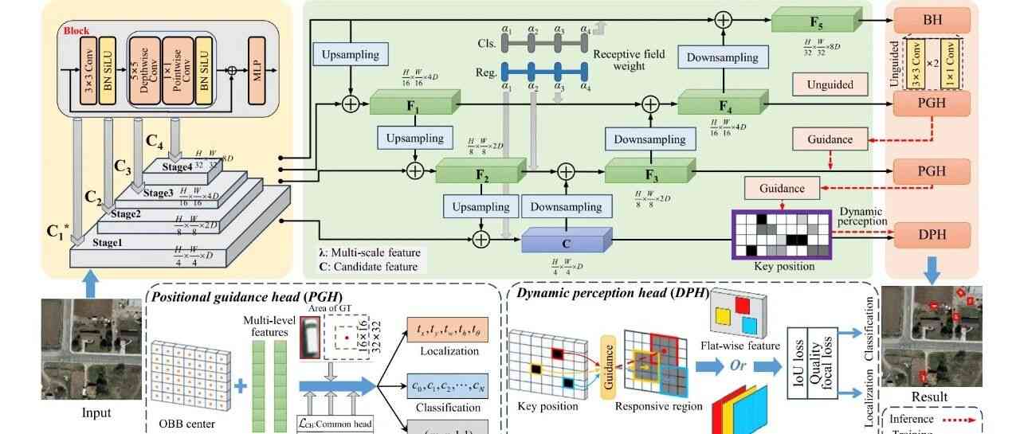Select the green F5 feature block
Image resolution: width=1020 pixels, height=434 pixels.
click(817, 19)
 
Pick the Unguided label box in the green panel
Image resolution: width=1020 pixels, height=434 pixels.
click(830, 84)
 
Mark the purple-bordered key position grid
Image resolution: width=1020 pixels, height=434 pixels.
click(781, 234)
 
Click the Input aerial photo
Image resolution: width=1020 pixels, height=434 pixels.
click(85, 348)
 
